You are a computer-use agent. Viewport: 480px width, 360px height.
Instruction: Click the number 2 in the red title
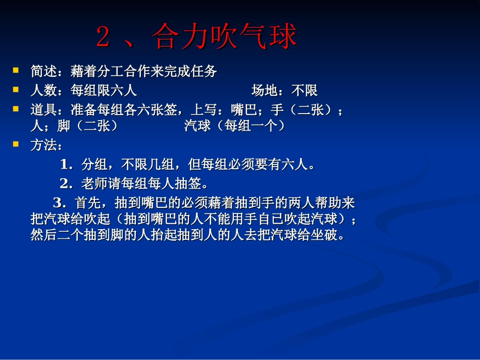(103, 38)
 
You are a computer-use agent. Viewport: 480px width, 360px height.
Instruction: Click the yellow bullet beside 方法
(16, 144)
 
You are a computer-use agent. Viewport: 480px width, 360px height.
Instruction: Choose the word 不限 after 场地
(305, 91)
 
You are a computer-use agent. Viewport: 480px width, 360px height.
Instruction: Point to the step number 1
(64, 165)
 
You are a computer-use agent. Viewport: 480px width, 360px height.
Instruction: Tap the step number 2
(64, 183)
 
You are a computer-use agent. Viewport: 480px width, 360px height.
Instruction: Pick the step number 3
(57, 203)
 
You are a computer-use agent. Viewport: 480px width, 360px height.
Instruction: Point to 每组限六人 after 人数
(104, 91)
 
